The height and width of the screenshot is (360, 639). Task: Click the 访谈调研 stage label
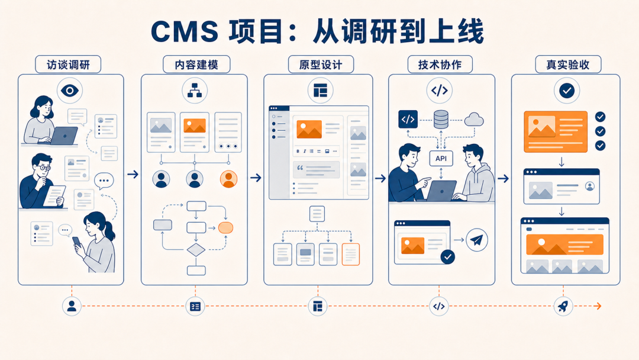68,65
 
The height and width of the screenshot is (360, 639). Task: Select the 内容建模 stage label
196,65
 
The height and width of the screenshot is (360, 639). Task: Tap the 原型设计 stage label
321,65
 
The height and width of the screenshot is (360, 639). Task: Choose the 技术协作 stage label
440,65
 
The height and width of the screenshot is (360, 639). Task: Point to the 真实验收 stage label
568,65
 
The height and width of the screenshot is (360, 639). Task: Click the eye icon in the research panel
70,91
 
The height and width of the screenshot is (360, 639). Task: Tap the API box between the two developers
441,158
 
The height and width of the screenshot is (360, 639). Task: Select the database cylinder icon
441,120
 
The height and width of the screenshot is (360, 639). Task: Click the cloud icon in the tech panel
473,120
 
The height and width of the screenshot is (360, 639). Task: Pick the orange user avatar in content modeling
228,179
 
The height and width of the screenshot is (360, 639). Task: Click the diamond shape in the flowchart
196,250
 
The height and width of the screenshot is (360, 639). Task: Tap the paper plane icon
476,240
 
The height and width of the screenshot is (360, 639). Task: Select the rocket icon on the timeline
563,306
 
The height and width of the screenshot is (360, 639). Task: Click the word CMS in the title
185,31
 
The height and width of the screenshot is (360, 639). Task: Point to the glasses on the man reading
44,168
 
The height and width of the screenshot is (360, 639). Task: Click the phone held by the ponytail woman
77,242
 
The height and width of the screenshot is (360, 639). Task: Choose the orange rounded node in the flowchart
226,227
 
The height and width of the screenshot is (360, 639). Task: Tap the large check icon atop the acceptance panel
567,91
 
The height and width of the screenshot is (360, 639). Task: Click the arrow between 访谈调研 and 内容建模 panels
133,175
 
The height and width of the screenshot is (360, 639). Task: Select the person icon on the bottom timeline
72,306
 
